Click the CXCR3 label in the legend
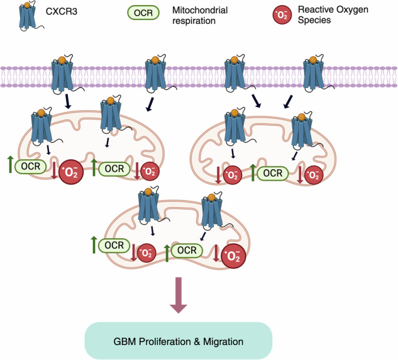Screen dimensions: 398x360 [x=62, y=11]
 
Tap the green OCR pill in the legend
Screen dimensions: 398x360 [x=143, y=13]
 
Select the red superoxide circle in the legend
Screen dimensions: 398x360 [x=282, y=14]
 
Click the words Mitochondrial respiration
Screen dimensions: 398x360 [x=200, y=15]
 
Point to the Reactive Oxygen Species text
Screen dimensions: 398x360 [x=333, y=14]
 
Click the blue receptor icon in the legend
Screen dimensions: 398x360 [x=30, y=16]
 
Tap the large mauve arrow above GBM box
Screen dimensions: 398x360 [x=179, y=295]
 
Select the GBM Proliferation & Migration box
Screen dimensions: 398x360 [x=179, y=340]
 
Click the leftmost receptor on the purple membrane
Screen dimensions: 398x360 [x=63, y=74]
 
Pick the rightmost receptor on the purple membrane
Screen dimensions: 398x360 [x=314, y=73]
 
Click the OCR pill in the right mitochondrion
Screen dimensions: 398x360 [x=273, y=173]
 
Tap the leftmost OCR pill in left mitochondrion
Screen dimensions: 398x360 [x=31, y=167]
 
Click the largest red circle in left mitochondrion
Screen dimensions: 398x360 [x=71, y=172]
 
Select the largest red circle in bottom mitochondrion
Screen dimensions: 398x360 [x=233, y=256]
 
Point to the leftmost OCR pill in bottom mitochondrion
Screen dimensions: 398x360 [x=114, y=245]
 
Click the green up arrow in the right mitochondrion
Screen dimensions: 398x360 [x=253, y=172]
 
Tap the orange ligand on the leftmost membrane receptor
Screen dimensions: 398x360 [x=62, y=60]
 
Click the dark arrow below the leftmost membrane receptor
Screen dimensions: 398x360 [x=68, y=101]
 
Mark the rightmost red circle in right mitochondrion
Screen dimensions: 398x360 [x=314, y=175]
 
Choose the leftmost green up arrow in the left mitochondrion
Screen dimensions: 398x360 [x=10, y=165]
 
